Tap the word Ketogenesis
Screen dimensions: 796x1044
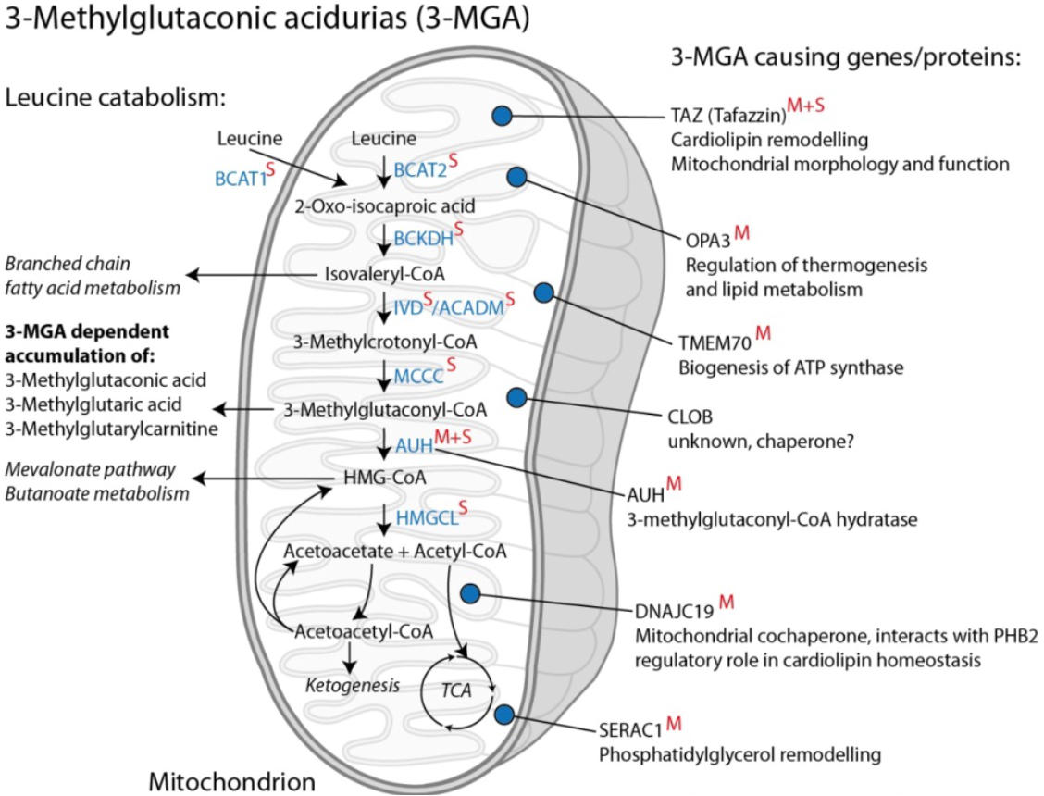(x=353, y=686)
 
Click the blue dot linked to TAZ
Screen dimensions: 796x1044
(x=502, y=116)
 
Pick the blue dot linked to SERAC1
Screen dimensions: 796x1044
(x=504, y=714)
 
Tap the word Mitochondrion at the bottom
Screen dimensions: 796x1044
(x=232, y=781)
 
